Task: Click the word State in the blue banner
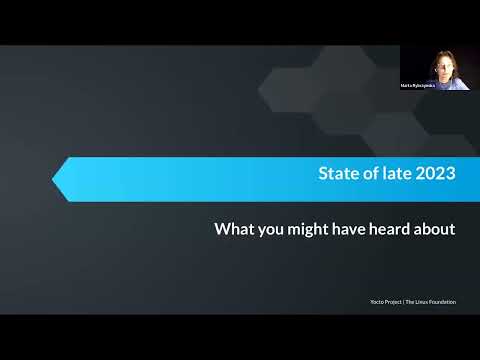click(x=336, y=174)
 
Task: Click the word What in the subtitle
click(x=234, y=229)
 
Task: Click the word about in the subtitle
click(x=435, y=229)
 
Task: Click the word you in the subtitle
click(x=270, y=230)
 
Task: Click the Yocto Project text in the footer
click(x=384, y=301)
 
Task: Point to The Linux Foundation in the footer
click(x=431, y=301)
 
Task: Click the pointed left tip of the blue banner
click(x=55, y=180)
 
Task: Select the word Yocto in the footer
click(x=375, y=301)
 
